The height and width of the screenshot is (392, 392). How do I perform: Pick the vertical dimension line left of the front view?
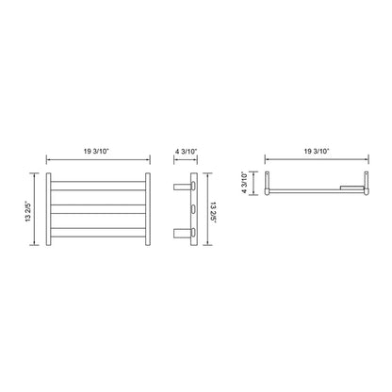coord(39,212)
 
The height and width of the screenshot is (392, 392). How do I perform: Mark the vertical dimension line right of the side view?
coord(207,212)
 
